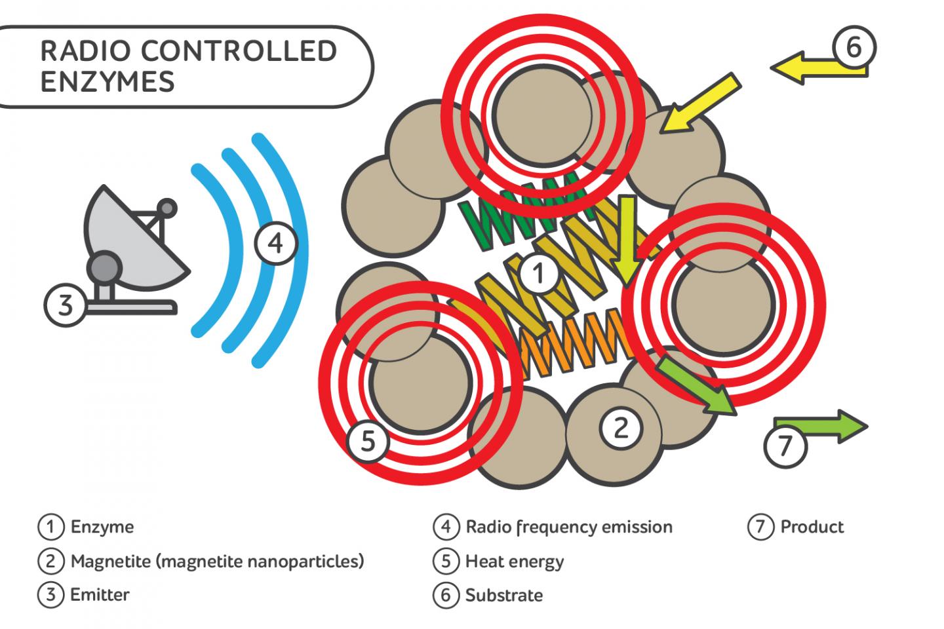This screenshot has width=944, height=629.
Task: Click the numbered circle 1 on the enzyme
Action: [539, 273]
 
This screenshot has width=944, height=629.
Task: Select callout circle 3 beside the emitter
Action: [66, 305]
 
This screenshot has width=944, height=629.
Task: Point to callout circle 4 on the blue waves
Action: [276, 243]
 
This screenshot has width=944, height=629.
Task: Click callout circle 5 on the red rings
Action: [368, 441]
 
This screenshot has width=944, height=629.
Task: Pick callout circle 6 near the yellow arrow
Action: [854, 47]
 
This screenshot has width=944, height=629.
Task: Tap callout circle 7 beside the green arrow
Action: [785, 446]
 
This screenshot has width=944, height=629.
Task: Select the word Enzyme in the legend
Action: [102, 527]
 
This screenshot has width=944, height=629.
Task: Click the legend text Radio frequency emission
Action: [569, 527]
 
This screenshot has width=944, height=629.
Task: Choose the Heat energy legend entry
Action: [515, 562]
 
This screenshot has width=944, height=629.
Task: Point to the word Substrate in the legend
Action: [504, 596]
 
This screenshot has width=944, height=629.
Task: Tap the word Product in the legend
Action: [812, 527]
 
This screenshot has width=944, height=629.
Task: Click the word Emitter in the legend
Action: [100, 595]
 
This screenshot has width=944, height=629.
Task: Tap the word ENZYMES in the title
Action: [108, 83]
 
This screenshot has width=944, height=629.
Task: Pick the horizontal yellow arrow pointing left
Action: [813, 69]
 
